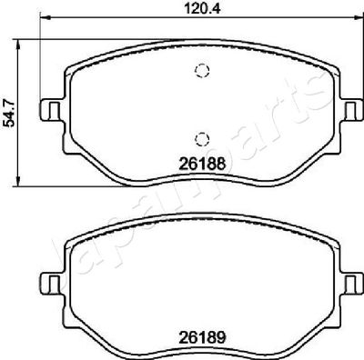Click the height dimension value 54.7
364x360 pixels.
coord(10,114)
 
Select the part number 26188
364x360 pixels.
coord(201,166)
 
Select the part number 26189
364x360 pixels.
coord(201,332)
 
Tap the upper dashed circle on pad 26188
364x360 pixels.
coord(202,73)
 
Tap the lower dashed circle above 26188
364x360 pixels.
coord(202,138)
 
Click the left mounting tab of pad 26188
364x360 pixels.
coord(51,110)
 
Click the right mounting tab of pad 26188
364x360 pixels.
coord(350,110)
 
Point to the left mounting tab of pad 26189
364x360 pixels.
coord(51,276)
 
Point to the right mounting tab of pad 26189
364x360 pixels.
coord(350,276)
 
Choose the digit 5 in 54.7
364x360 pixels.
coord(10,124)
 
